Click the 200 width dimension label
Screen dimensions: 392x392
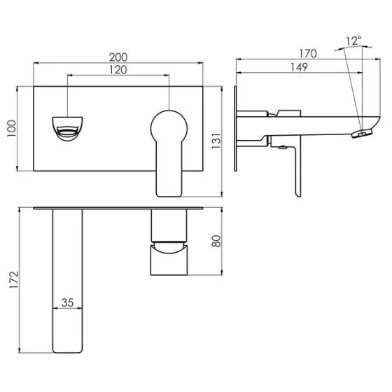click(118, 57)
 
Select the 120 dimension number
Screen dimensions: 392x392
click(118, 70)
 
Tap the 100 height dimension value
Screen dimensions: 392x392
click(12, 128)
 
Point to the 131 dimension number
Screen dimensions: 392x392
click(216, 141)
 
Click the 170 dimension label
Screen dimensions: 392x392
click(308, 54)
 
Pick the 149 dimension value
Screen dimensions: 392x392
click(299, 67)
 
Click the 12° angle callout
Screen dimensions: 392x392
click(354, 41)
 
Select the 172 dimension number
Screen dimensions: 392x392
click(14, 280)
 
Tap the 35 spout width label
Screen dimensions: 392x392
click(67, 302)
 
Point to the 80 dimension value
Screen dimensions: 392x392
click(216, 241)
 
